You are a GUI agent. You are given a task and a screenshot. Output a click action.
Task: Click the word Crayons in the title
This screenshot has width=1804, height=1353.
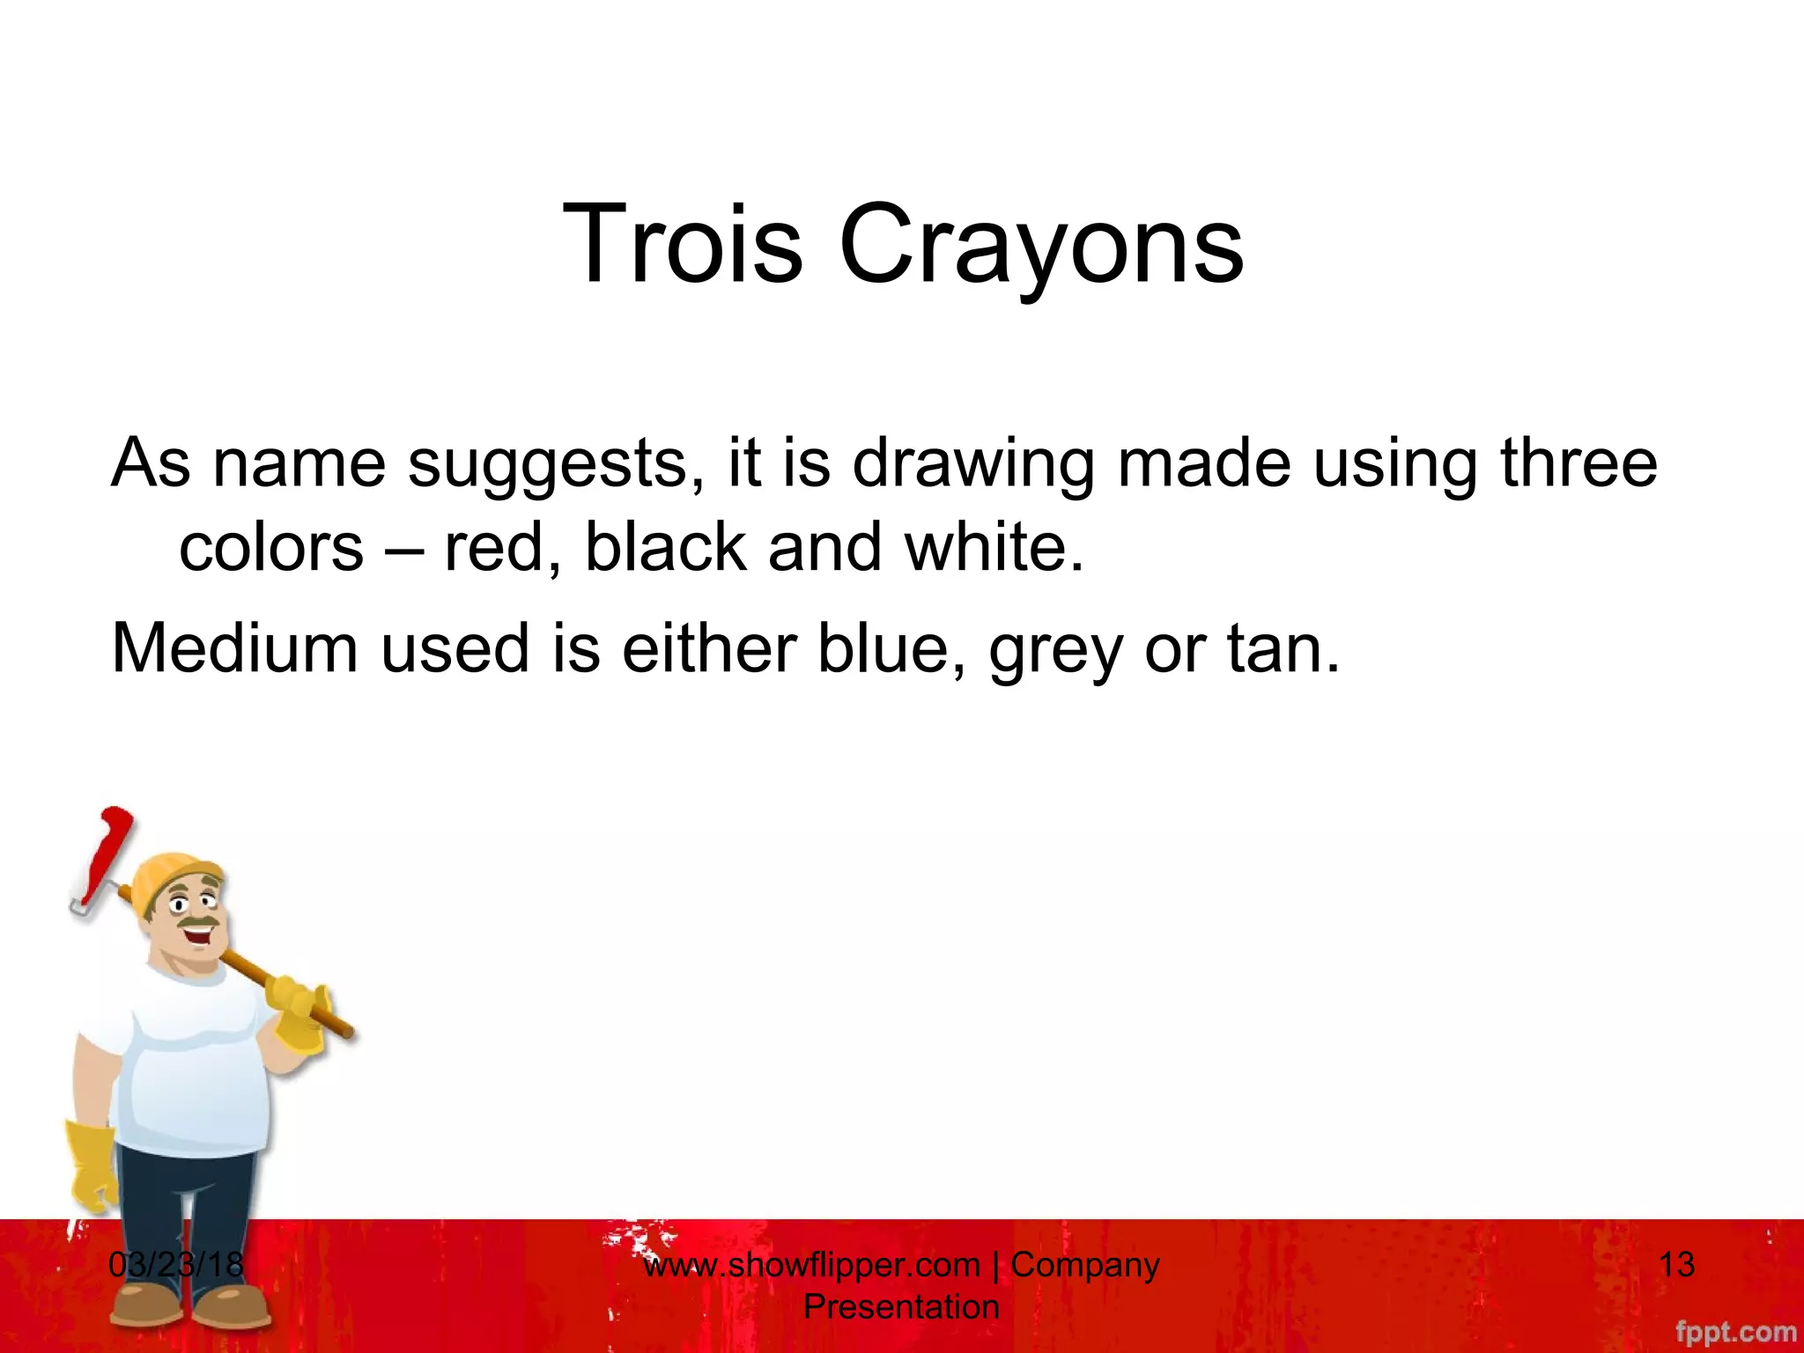point(1041,245)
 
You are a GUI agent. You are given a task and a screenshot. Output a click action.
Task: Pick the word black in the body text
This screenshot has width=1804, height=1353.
point(665,548)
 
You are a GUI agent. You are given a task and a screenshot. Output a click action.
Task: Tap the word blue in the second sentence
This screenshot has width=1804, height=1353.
point(890,648)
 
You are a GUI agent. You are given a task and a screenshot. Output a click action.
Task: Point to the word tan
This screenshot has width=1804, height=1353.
point(1282,648)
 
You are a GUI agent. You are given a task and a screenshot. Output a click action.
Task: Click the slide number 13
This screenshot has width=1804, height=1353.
point(1676,1265)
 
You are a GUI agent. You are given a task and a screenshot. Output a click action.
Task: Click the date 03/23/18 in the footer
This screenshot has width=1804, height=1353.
point(176,1265)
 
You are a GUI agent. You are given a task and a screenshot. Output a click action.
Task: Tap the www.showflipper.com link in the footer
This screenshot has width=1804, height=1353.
point(811,1265)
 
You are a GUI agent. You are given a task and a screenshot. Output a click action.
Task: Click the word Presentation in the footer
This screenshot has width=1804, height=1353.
point(901,1307)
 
